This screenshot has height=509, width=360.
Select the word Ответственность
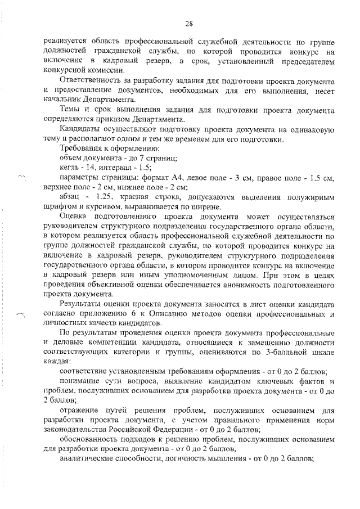pos(92,80)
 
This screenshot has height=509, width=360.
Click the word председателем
pos(304,61)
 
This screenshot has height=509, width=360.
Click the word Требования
pos(81,148)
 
